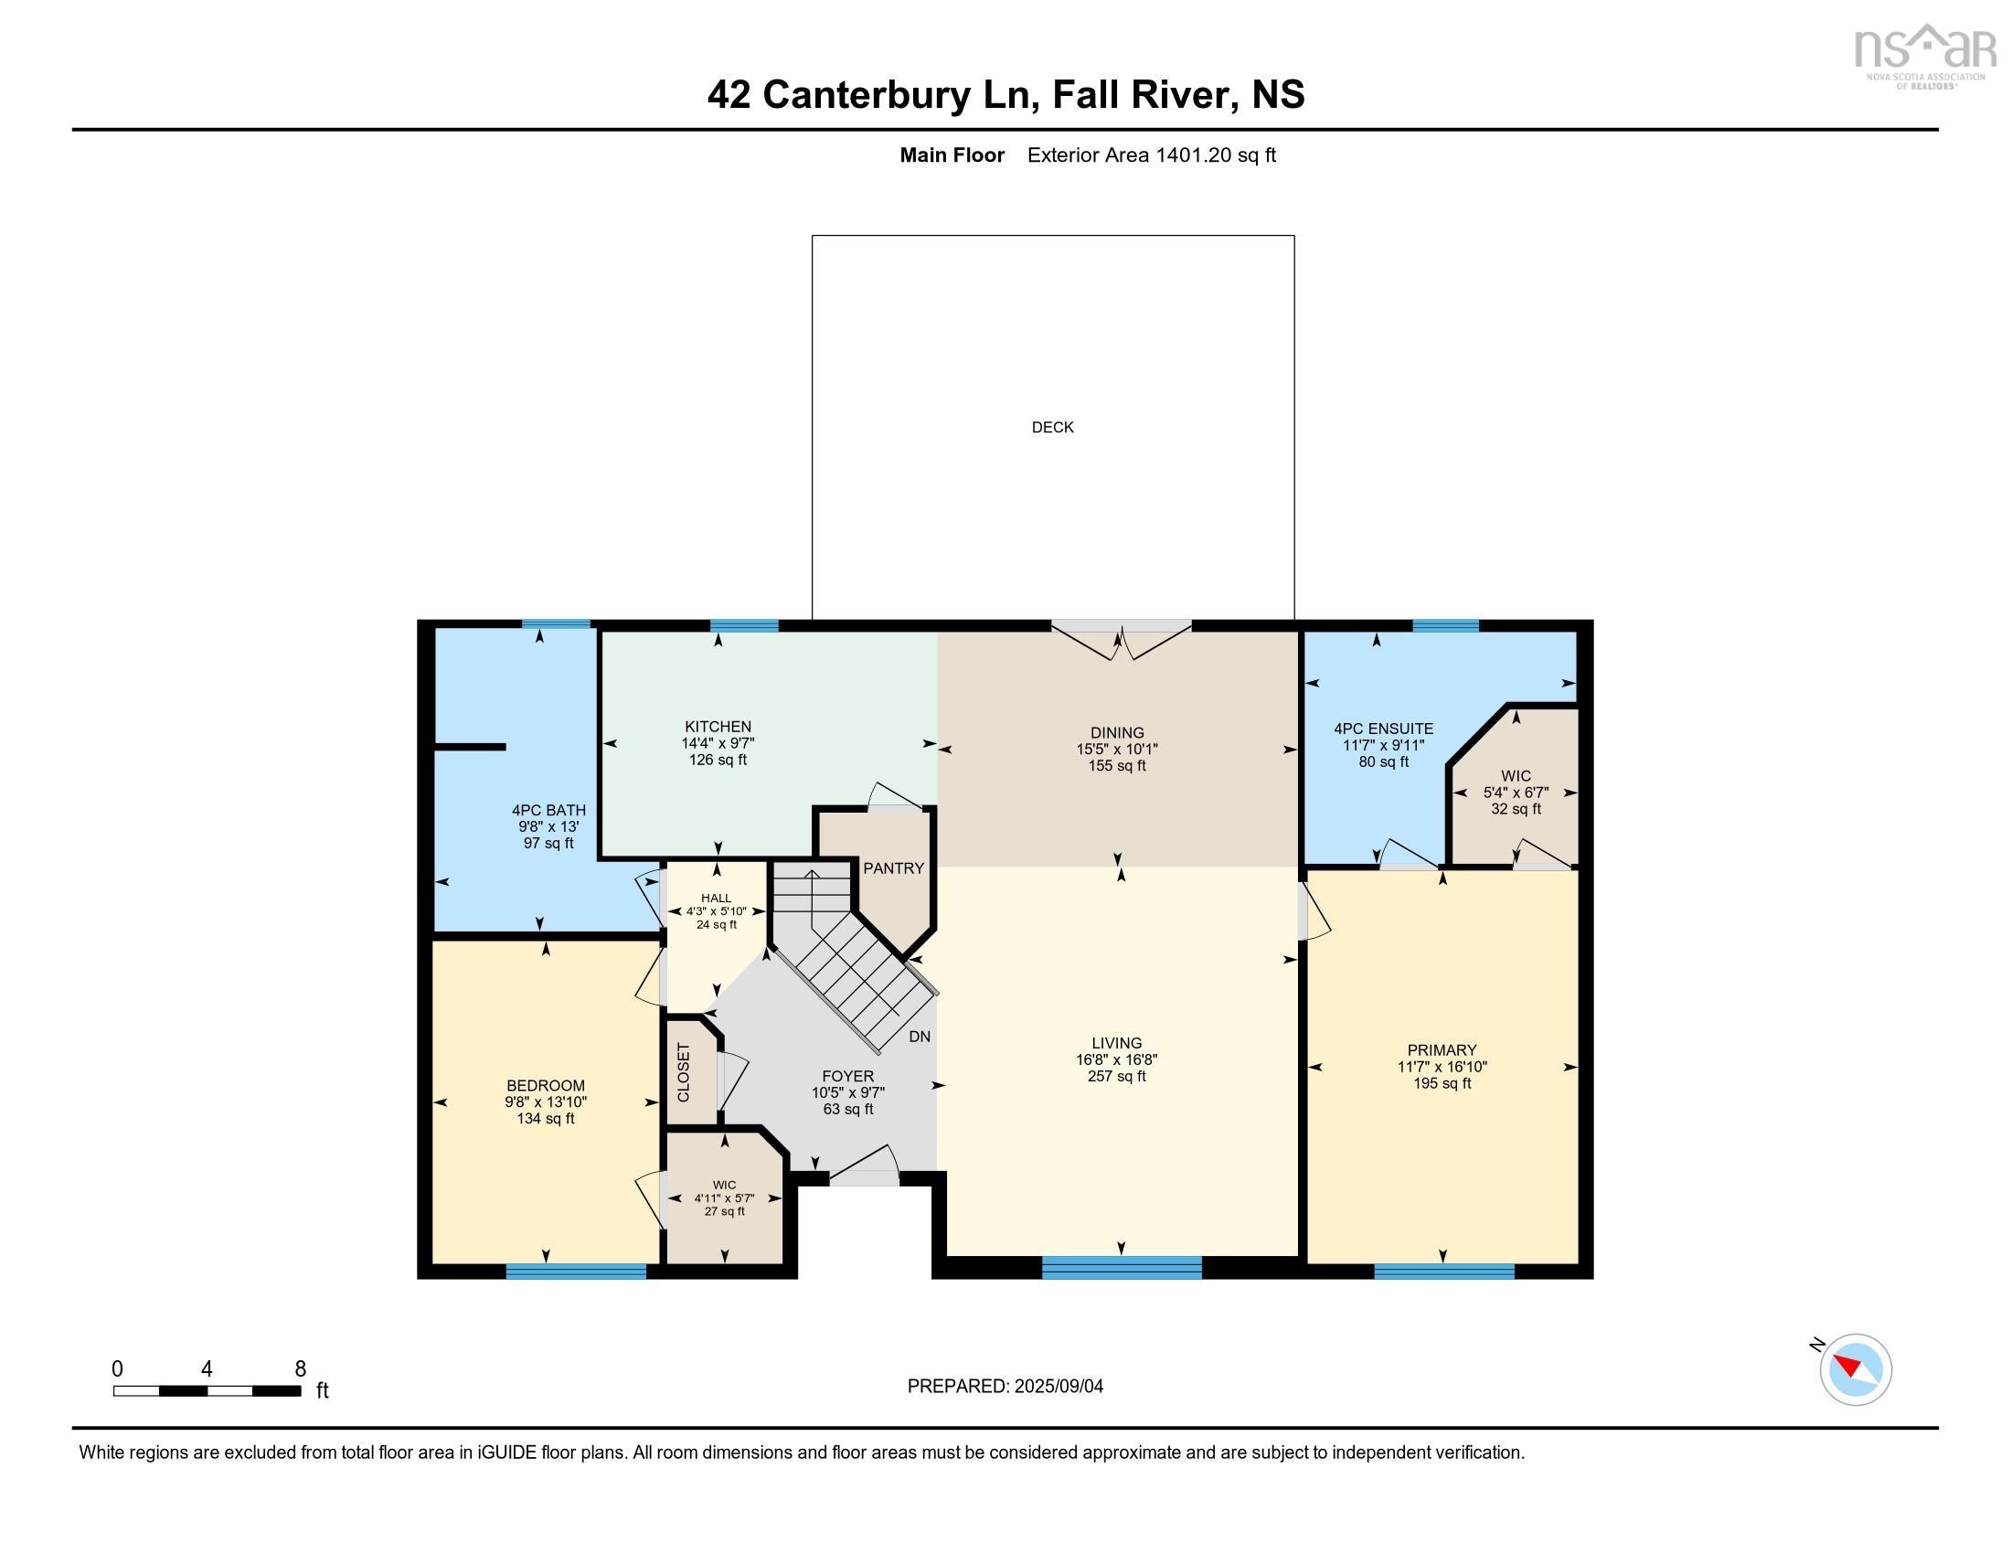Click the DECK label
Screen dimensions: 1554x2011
point(1052,427)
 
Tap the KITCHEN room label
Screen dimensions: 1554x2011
point(718,727)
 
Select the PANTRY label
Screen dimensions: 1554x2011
point(893,868)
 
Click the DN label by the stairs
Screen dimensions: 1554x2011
point(919,1037)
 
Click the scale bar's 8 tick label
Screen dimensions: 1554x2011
point(300,1369)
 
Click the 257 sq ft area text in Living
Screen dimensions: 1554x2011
point(1116,1076)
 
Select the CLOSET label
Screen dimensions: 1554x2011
point(684,1072)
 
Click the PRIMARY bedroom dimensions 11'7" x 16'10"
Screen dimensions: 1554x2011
point(1442,1067)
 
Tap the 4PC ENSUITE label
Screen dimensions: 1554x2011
point(1383,729)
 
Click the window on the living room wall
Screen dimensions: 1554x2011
point(1122,1268)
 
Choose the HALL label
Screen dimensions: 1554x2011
point(716,898)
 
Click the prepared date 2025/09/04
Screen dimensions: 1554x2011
point(1005,1387)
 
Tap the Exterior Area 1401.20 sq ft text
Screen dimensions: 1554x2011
point(1151,155)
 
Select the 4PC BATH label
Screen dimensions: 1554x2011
point(548,810)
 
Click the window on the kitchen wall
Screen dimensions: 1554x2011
point(744,626)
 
